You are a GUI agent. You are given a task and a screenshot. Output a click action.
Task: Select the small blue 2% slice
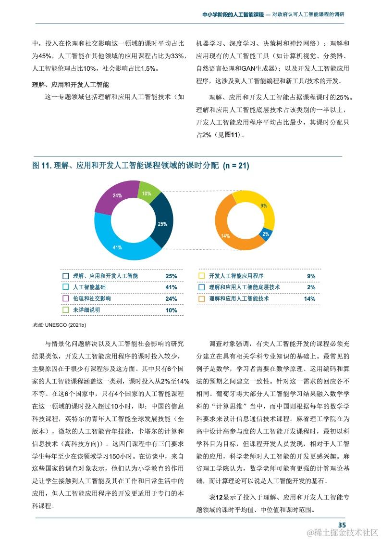coord(267,234)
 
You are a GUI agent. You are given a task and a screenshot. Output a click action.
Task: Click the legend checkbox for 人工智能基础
coord(66,287)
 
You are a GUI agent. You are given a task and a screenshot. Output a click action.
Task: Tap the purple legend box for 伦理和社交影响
coord(66,299)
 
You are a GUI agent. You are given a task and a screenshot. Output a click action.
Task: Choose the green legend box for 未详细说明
coord(66,310)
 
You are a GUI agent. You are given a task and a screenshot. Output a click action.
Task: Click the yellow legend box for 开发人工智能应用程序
coord(202,276)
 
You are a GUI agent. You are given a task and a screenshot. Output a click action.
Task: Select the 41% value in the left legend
coord(171,288)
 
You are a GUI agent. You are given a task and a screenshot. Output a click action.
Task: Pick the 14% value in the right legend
coord(309,299)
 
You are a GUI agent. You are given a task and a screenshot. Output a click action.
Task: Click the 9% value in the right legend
coord(311,276)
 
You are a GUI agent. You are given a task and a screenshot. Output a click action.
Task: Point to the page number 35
coord(342,525)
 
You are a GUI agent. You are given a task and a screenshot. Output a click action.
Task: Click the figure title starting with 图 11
coord(140,166)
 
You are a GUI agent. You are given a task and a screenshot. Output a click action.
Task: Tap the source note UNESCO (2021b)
coord(59,326)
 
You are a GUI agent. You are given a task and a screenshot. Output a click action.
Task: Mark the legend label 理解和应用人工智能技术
coord(239,299)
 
